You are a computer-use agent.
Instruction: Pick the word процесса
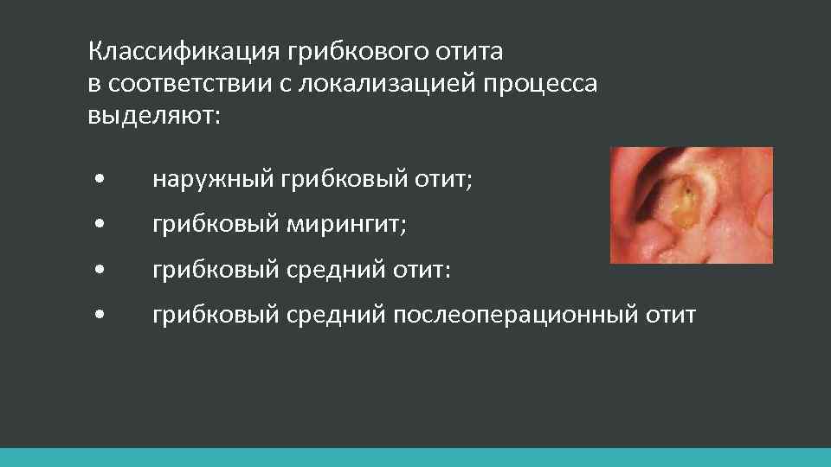click(x=541, y=84)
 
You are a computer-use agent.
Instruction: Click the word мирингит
click(x=344, y=225)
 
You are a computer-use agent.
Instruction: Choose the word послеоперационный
click(x=516, y=315)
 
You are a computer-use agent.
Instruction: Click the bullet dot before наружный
click(x=101, y=181)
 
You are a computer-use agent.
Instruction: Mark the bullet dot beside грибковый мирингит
click(x=101, y=226)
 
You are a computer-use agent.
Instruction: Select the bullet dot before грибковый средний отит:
click(x=101, y=271)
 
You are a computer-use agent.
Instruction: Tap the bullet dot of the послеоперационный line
click(x=101, y=316)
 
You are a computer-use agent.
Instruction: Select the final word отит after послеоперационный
click(x=670, y=315)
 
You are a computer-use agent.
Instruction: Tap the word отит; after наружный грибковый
click(x=442, y=180)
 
